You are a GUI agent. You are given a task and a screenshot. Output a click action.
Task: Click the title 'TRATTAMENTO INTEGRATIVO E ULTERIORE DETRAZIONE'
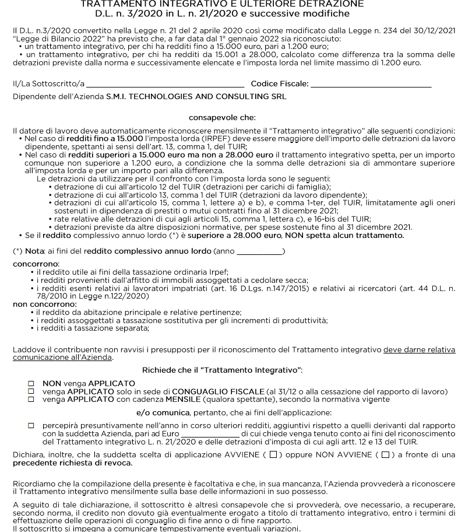(x=222, y=4)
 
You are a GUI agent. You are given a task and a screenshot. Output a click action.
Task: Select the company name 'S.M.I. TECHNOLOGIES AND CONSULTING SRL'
(x=196, y=97)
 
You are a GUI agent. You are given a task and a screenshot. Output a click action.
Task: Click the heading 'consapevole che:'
(x=222, y=118)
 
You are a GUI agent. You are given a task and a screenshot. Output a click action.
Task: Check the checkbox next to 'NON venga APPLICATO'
(x=31, y=384)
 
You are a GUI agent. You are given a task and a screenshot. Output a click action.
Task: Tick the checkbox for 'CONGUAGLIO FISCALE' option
(x=31, y=391)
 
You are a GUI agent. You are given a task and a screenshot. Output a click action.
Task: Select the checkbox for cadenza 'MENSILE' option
(x=31, y=400)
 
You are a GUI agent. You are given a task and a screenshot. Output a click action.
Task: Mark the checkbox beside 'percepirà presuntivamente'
(x=31, y=426)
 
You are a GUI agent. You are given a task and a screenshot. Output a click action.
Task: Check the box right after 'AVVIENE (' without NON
(x=273, y=455)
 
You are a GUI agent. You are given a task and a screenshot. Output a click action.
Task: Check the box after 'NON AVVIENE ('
(x=385, y=455)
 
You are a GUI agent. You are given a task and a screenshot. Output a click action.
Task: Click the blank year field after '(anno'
(x=259, y=251)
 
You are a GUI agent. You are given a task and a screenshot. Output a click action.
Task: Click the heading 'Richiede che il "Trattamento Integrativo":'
(x=222, y=370)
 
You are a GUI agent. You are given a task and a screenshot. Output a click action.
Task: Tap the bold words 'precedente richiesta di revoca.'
(x=72, y=463)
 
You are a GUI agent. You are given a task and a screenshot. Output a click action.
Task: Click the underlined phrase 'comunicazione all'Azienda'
(x=62, y=358)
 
